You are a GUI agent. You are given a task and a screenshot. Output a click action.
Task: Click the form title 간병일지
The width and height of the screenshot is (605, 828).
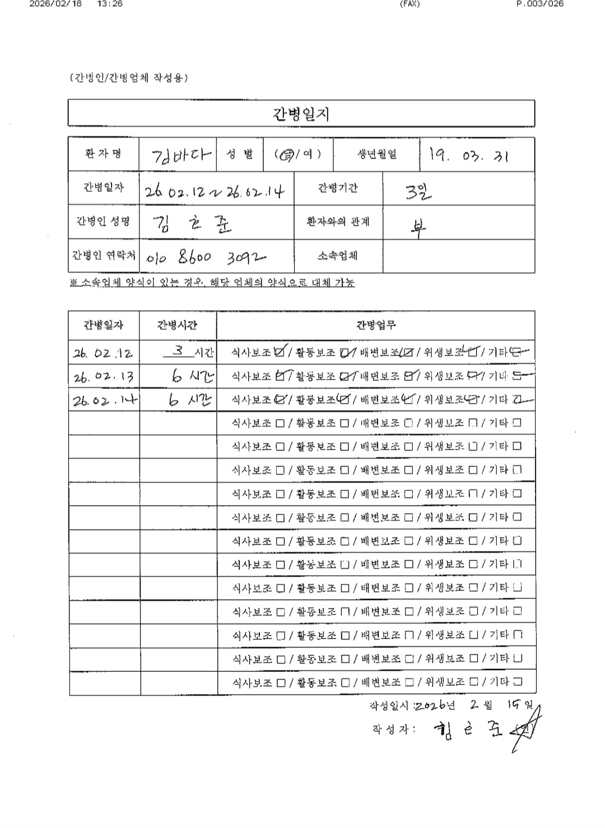point(301,114)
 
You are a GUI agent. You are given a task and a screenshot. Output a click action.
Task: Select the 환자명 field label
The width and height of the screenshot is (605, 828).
point(104,154)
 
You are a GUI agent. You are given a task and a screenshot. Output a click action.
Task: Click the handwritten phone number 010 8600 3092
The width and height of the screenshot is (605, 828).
point(206,257)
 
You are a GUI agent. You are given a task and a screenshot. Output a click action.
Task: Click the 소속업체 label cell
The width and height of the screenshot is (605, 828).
point(338,256)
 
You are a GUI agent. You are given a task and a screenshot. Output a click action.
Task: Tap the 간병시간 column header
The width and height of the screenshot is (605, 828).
point(178,325)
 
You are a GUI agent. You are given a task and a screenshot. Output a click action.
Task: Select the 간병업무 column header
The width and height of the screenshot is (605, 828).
point(376,325)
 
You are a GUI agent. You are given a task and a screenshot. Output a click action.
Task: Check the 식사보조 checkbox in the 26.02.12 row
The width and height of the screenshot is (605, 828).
point(281,352)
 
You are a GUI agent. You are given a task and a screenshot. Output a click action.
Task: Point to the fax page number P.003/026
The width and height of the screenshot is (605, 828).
point(539,4)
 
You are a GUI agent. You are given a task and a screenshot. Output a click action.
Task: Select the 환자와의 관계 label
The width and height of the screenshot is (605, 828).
point(338,222)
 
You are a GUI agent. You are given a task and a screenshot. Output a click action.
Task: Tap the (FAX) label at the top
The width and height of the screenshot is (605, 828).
point(409,4)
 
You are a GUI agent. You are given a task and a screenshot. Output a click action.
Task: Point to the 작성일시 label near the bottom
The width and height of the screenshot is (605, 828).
point(390,705)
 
